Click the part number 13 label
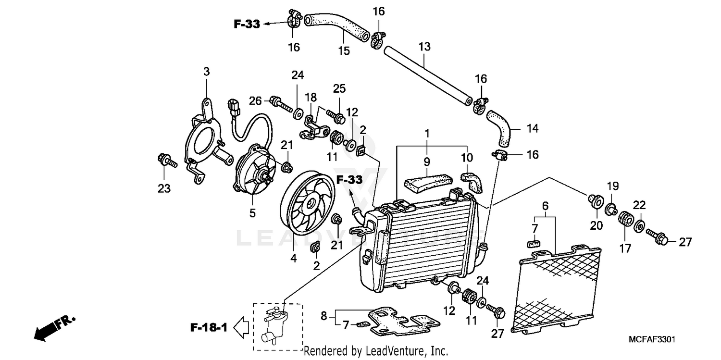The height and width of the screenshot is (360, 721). [x=424, y=47]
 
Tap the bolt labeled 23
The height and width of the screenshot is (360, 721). [x=166, y=161]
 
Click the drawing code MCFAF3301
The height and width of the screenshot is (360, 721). [x=652, y=339]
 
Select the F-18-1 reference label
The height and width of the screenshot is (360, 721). [x=209, y=328]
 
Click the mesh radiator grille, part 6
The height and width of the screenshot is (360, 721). [x=560, y=288]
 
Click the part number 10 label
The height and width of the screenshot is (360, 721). [x=467, y=158]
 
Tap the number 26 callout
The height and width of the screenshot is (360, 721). [x=255, y=100]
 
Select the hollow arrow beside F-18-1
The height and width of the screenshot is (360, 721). [x=241, y=328]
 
